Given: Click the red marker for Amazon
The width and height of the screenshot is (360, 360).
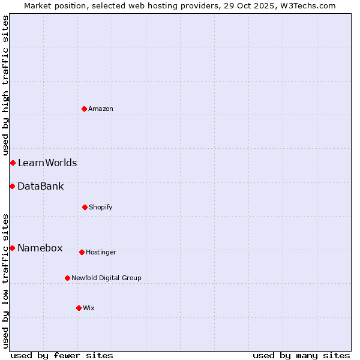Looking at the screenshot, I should click(84, 109).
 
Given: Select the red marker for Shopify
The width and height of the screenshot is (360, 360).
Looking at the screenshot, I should click(85, 207).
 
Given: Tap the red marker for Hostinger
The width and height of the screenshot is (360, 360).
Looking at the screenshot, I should click(82, 252).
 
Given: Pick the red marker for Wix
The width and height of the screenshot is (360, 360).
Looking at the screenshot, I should click(79, 308).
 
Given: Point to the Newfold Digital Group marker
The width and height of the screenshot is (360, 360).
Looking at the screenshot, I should click(67, 278).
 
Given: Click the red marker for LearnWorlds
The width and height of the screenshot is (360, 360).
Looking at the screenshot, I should click(13, 163).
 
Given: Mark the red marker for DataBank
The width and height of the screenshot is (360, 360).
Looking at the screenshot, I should click(12, 186).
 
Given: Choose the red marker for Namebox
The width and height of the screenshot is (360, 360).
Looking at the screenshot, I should click(12, 248).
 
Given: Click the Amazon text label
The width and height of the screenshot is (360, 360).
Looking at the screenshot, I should click(101, 109).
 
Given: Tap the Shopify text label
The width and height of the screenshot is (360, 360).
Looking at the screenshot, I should click(101, 207).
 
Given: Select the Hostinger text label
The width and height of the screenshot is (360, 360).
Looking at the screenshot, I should click(101, 252).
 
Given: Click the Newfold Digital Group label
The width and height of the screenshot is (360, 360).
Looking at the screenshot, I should click(106, 278).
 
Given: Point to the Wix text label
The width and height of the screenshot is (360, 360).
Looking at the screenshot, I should click(89, 308).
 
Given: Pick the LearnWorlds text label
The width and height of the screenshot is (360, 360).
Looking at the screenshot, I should click(47, 163).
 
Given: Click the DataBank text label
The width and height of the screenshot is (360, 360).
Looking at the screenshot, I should click(40, 186).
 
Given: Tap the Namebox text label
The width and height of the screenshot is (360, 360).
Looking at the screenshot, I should click(40, 248).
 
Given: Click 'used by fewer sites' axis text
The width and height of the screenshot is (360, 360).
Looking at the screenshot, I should click(62, 355).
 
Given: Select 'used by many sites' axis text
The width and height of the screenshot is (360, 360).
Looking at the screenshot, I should click(301, 355).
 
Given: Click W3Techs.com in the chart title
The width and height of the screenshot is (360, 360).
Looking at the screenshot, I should click(308, 5).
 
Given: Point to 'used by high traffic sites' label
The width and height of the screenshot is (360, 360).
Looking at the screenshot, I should click(5, 86).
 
